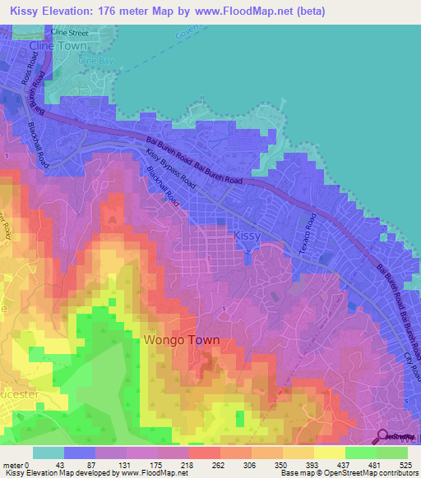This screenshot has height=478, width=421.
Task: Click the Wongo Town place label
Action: coord(182,339)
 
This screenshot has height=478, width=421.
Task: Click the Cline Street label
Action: coord(69,32)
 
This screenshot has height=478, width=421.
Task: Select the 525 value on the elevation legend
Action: coord(403,464)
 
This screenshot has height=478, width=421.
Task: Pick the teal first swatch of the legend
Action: coord(49,453)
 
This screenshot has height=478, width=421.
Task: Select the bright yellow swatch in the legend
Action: coord(329,453)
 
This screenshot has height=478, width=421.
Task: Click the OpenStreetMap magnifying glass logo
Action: coord(382,436)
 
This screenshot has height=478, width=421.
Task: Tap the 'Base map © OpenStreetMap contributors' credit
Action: coord(349,473)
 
